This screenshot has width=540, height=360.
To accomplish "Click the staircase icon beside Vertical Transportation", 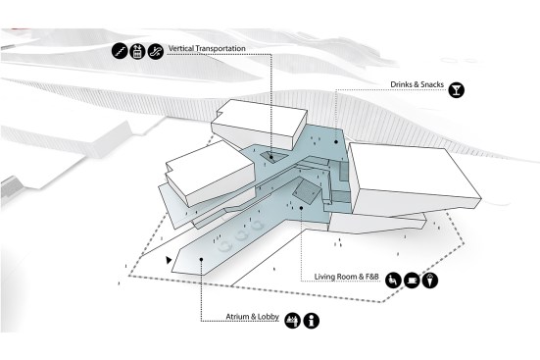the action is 120,51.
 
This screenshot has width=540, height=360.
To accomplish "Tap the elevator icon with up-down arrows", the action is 137,51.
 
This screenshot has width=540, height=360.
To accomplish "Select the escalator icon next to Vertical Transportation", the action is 156,51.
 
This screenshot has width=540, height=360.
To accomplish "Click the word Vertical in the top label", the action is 180,48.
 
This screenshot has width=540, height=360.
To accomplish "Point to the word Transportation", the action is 220,48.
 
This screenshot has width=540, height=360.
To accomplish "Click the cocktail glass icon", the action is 457,89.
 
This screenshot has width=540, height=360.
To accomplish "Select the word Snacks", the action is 432,84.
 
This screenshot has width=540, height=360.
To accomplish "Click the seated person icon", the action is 393,280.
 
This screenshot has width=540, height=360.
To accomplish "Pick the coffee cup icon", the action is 412,280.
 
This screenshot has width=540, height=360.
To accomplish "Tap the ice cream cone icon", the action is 430,280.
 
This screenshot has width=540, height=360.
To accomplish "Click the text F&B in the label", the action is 372,277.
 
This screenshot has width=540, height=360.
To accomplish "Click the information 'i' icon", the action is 312,321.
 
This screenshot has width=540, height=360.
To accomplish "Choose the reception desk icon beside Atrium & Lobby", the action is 293,321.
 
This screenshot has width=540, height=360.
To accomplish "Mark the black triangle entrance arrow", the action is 169,260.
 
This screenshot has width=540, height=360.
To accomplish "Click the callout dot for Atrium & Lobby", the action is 201,259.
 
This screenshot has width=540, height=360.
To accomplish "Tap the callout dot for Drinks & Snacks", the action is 336,141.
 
